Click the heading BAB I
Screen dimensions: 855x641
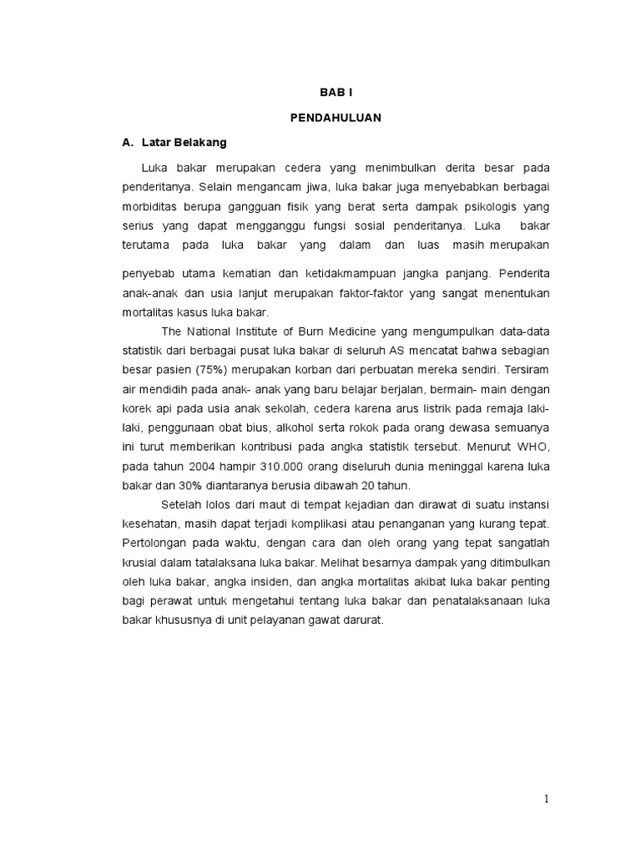point(336,95)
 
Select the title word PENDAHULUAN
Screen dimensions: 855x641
point(336,118)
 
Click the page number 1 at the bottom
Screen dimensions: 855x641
point(547,799)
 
